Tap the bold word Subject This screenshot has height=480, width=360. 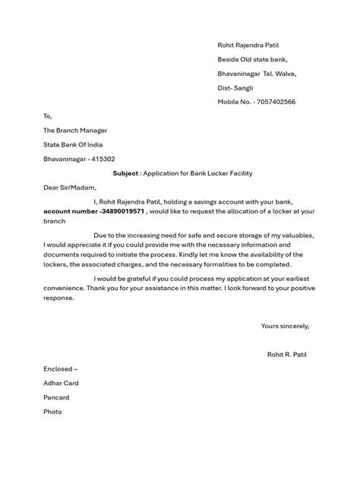pos(125,173)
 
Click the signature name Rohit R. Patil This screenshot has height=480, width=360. pos(287,354)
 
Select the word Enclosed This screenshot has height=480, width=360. pos(59,368)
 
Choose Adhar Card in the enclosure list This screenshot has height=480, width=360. pos(61,383)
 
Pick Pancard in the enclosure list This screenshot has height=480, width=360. pos(56,397)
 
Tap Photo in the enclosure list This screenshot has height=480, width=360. pos(52,412)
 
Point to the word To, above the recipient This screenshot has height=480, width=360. pos(48,116)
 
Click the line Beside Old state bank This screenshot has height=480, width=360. pos(253,60)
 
